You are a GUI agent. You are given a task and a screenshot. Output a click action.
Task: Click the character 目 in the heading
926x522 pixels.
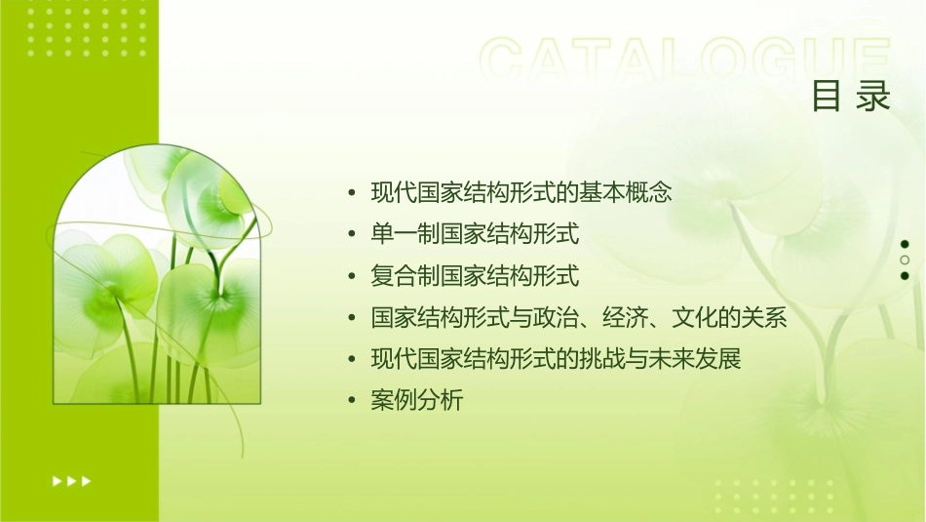click(827, 96)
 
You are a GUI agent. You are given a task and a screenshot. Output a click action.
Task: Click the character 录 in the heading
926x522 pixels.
click(874, 96)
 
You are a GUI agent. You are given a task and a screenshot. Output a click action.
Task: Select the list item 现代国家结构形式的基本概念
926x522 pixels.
click(521, 192)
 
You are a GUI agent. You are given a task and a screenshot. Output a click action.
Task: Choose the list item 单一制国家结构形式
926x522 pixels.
click(475, 234)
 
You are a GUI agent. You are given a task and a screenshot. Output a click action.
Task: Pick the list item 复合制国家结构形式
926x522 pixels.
click(475, 276)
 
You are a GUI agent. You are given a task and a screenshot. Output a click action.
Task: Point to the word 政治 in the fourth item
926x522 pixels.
click(557, 318)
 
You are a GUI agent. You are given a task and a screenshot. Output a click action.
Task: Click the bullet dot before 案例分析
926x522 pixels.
click(352, 401)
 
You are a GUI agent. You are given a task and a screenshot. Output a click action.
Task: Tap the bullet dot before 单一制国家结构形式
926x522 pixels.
click(352, 235)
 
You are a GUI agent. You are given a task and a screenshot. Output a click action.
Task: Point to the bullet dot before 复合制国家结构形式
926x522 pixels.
click(352, 277)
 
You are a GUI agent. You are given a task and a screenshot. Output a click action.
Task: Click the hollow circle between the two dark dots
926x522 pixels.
click(905, 260)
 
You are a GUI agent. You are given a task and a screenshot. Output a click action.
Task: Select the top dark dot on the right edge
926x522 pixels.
click(905, 244)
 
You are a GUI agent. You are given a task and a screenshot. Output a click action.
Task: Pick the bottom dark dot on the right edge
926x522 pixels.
click(905, 275)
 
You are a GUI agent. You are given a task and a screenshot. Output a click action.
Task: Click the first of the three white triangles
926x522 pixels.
click(56, 480)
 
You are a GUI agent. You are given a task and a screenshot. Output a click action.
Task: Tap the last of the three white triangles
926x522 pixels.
click(86, 480)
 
